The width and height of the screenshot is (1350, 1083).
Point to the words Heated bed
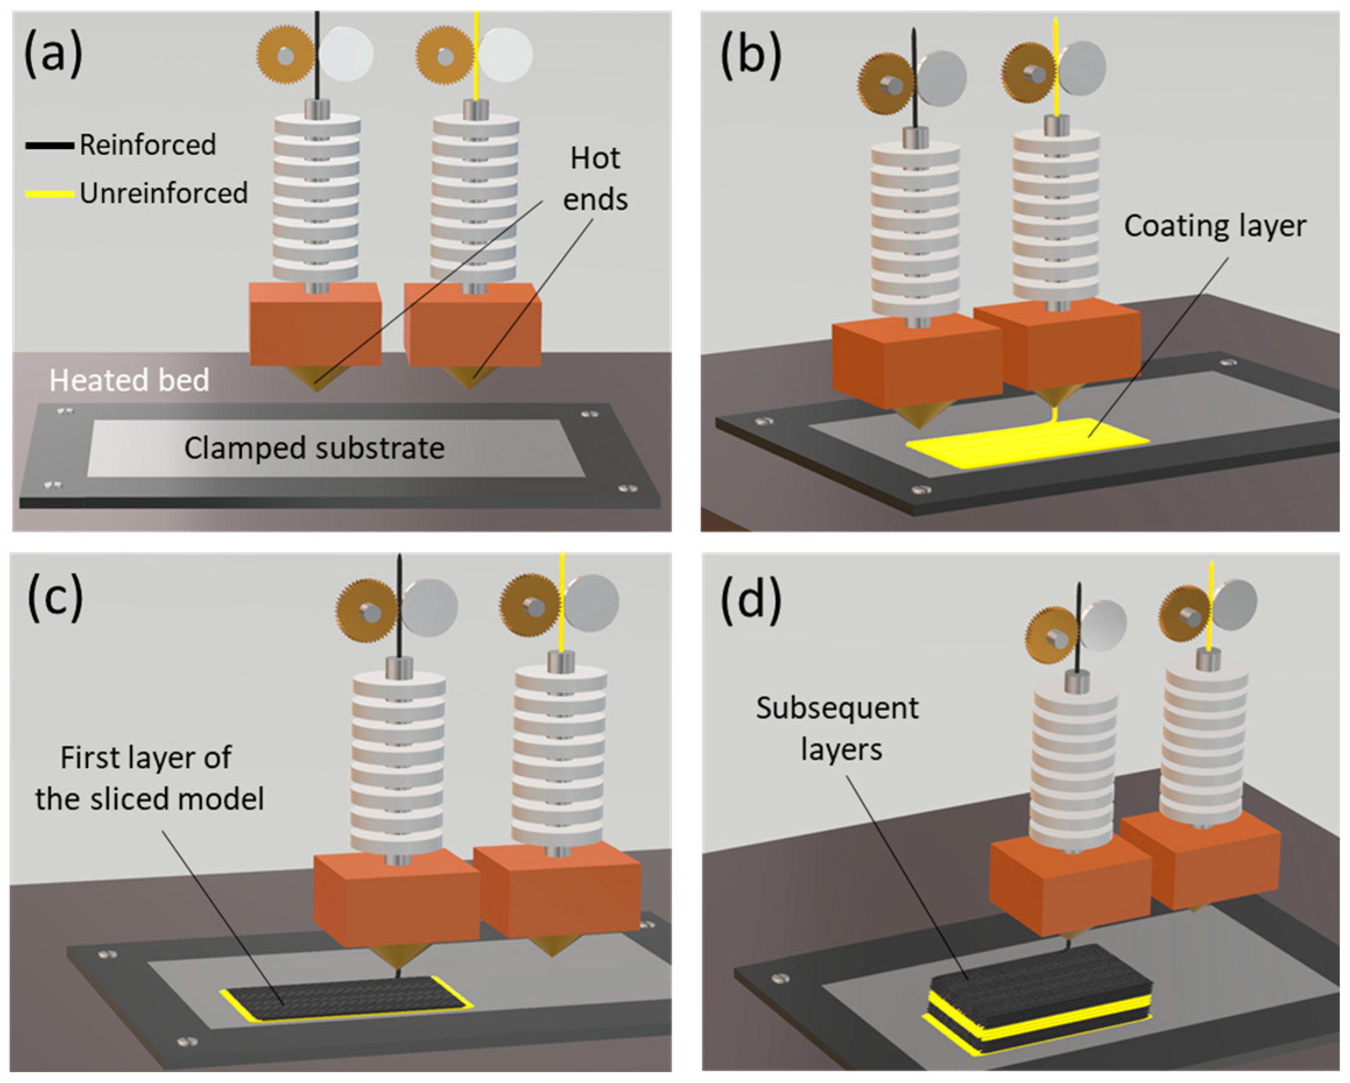coord(129,380)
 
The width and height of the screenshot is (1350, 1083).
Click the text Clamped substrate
coord(313,448)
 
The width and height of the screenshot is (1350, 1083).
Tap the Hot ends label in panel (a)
coord(595,178)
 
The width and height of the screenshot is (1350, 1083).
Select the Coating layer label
coord(1215,226)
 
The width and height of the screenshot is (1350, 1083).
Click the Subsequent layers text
coord(838,729)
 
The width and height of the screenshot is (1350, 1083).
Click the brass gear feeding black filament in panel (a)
coord(285,55)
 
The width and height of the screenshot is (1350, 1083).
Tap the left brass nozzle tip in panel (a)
coord(316,379)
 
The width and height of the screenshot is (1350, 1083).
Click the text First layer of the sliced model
coord(149,778)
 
